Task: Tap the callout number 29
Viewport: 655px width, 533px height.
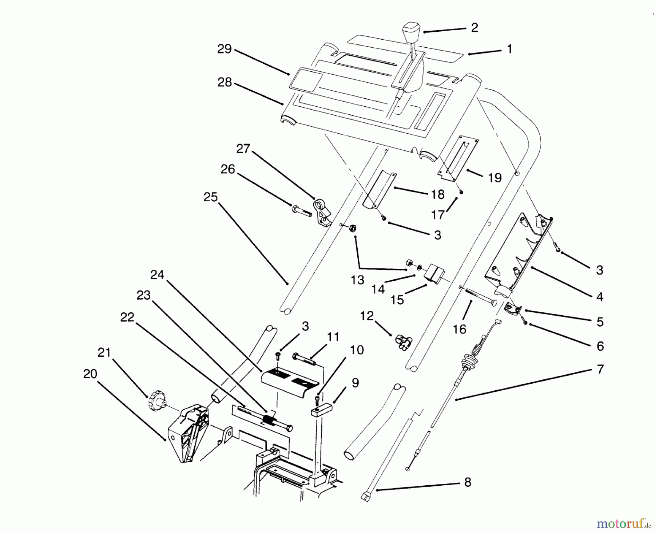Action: tap(224, 49)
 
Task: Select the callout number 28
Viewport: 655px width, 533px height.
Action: tap(225, 82)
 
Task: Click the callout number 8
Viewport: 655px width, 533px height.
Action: tap(468, 482)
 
